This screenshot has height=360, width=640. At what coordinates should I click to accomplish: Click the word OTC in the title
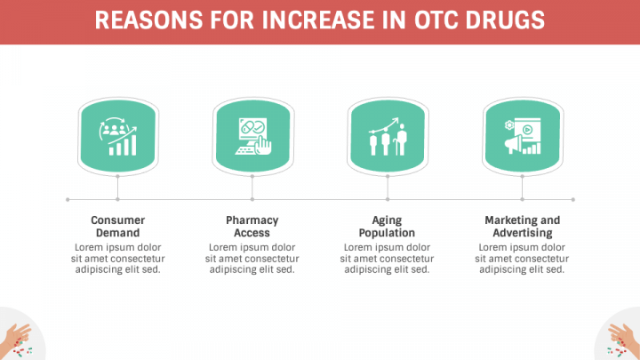(436, 20)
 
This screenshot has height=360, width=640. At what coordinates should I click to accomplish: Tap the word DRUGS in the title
(505, 20)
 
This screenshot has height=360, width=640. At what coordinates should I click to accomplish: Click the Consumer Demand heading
(117, 226)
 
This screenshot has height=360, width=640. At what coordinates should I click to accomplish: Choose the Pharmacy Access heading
(252, 226)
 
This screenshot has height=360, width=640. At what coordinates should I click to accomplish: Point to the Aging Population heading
(387, 226)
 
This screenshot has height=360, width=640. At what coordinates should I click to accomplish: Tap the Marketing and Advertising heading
(523, 226)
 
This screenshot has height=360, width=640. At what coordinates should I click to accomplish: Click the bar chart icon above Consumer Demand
(118, 136)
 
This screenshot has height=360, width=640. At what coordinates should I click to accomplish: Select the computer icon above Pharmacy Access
(253, 136)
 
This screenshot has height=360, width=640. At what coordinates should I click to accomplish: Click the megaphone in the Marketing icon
(514, 144)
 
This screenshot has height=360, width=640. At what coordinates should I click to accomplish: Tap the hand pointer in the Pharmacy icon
(263, 146)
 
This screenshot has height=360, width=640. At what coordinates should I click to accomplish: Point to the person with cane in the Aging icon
(401, 140)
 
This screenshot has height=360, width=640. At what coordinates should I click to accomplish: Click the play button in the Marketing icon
(527, 130)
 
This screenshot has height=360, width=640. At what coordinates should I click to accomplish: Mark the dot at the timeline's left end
(68, 200)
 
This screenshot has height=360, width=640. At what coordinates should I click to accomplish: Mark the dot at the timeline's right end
(573, 200)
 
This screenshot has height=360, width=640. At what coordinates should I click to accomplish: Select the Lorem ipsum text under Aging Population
(387, 259)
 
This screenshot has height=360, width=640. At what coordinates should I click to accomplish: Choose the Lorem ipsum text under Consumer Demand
(117, 259)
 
